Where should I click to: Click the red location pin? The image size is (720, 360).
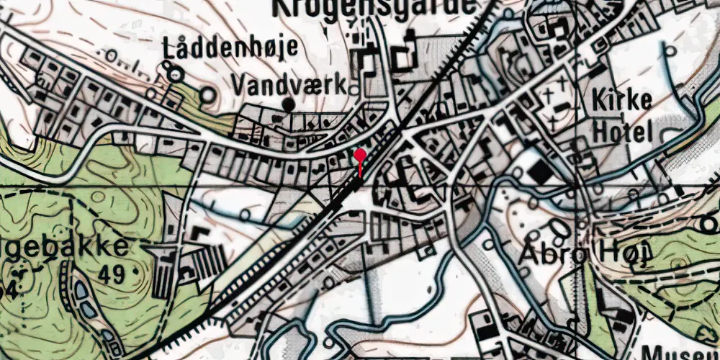[360, 155]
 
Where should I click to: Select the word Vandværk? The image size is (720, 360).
[289, 85]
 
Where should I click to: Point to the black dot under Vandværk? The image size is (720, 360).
[289, 105]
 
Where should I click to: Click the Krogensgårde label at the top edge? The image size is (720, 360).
[374, 6]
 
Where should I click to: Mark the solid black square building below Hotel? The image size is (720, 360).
[536, 171]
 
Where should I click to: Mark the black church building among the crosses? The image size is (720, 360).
[560, 108]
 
